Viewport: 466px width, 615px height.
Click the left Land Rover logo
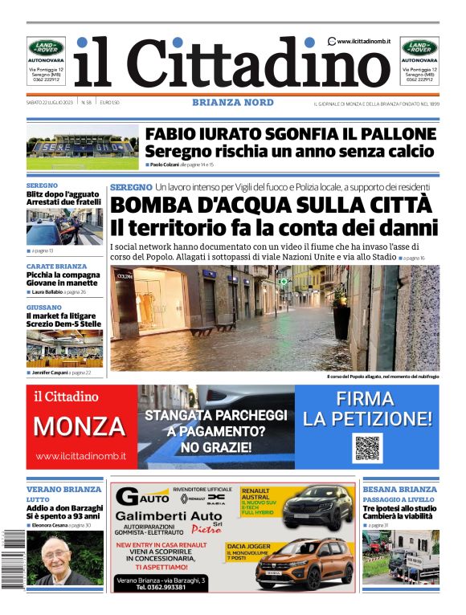[x=47, y=47]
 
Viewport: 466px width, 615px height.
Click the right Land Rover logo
[x=419, y=47]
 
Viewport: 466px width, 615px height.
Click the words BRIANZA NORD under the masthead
[x=232, y=103]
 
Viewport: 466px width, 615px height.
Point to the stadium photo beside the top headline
[x=82, y=145]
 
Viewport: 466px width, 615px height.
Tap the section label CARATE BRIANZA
[x=56, y=266]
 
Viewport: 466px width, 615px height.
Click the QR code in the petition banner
[x=366, y=448]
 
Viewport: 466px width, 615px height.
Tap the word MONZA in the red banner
[x=80, y=426]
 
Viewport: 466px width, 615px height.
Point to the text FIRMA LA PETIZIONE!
[x=366, y=409]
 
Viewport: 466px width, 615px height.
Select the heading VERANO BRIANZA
[x=63, y=489]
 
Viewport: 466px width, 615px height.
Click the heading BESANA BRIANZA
[x=399, y=489]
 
